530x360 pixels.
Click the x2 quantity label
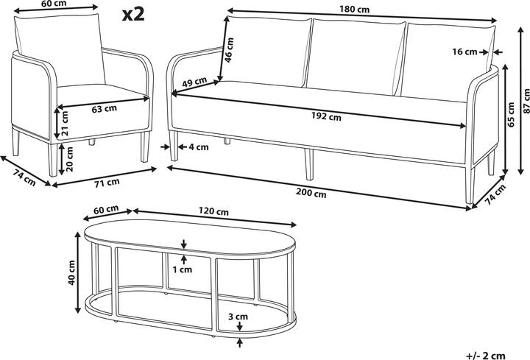coord(133,15)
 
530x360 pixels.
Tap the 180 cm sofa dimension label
coord(355,9)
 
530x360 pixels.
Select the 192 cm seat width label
coord(326,116)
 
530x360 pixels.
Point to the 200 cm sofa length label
coord(311,193)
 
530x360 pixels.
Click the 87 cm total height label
coord(526,101)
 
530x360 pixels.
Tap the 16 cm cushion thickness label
coord(464,52)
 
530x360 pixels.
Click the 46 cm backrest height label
coord(229,49)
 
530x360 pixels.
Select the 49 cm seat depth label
coord(194,82)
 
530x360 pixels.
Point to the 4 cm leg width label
coord(199,147)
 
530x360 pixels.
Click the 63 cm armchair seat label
coord(104,109)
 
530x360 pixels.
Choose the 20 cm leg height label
coord(69,159)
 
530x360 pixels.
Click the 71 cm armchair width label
coord(107,183)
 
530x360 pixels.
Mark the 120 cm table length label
coord(213,211)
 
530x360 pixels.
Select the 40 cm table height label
coord(71,272)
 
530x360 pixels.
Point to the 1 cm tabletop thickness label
coord(183,269)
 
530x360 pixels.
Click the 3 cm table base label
coord(238,317)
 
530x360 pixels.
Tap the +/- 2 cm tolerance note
coord(486,356)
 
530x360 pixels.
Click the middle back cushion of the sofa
coord(356,56)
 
